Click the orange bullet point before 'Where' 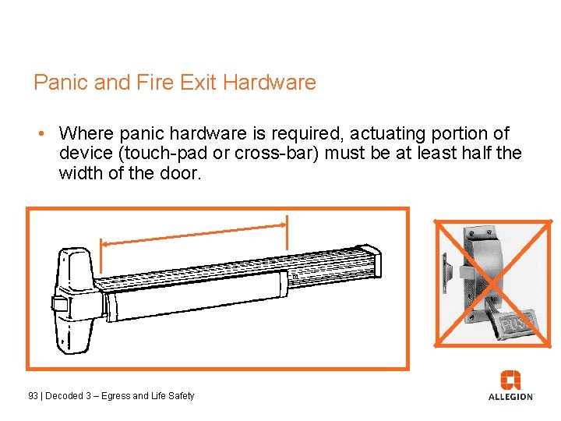click(x=45, y=134)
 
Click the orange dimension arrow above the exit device click(x=195, y=233)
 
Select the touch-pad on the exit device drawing click(x=195, y=297)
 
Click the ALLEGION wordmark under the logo click(x=511, y=397)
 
